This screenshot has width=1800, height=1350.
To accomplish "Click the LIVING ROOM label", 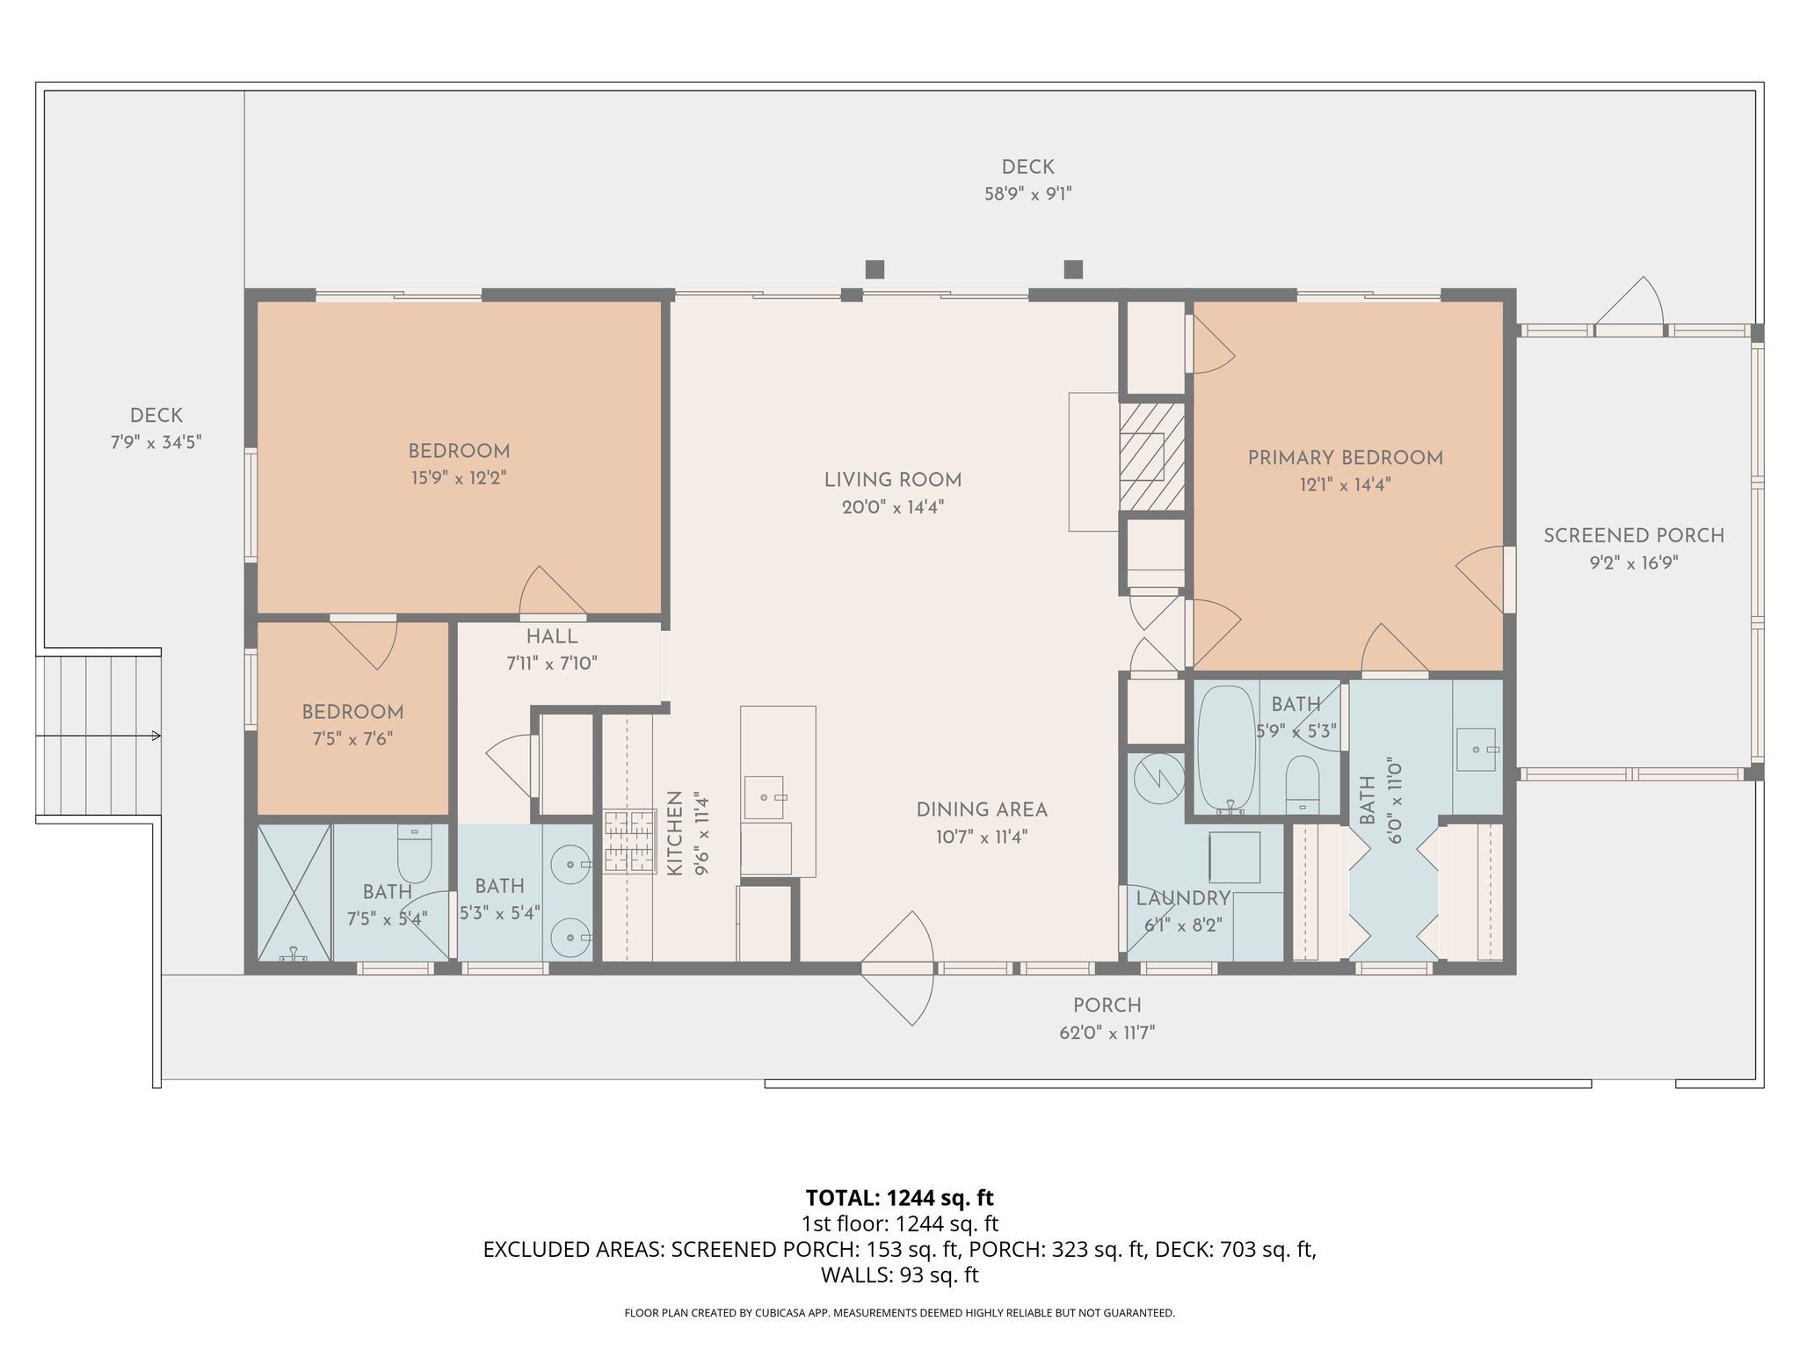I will (892, 480).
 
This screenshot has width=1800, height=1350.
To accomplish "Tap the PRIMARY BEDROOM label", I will (1345, 458).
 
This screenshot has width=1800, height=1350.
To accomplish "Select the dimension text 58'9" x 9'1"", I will (1027, 194).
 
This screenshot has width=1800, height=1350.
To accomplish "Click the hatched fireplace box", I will (1152, 456).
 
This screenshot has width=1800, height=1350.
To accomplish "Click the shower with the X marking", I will (294, 892).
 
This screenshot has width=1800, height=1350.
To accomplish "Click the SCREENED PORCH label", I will (1633, 535).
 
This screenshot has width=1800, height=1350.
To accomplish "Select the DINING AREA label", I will (981, 809).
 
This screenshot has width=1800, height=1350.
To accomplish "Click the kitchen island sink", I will (764, 797).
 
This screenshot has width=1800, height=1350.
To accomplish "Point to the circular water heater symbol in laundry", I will (1158, 778).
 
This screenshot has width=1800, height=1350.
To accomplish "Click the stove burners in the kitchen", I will (629, 841).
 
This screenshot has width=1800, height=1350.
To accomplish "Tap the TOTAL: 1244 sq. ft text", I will (899, 1198).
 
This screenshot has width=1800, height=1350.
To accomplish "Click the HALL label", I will (551, 637).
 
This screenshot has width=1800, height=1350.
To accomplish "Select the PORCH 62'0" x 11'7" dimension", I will (1107, 1033).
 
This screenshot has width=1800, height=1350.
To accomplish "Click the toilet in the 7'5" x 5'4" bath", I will (415, 854).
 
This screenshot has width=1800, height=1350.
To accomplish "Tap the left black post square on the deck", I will (875, 269).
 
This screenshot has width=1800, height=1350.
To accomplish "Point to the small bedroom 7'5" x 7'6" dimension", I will (352, 739).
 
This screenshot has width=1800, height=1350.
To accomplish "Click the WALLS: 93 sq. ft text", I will (899, 1275).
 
